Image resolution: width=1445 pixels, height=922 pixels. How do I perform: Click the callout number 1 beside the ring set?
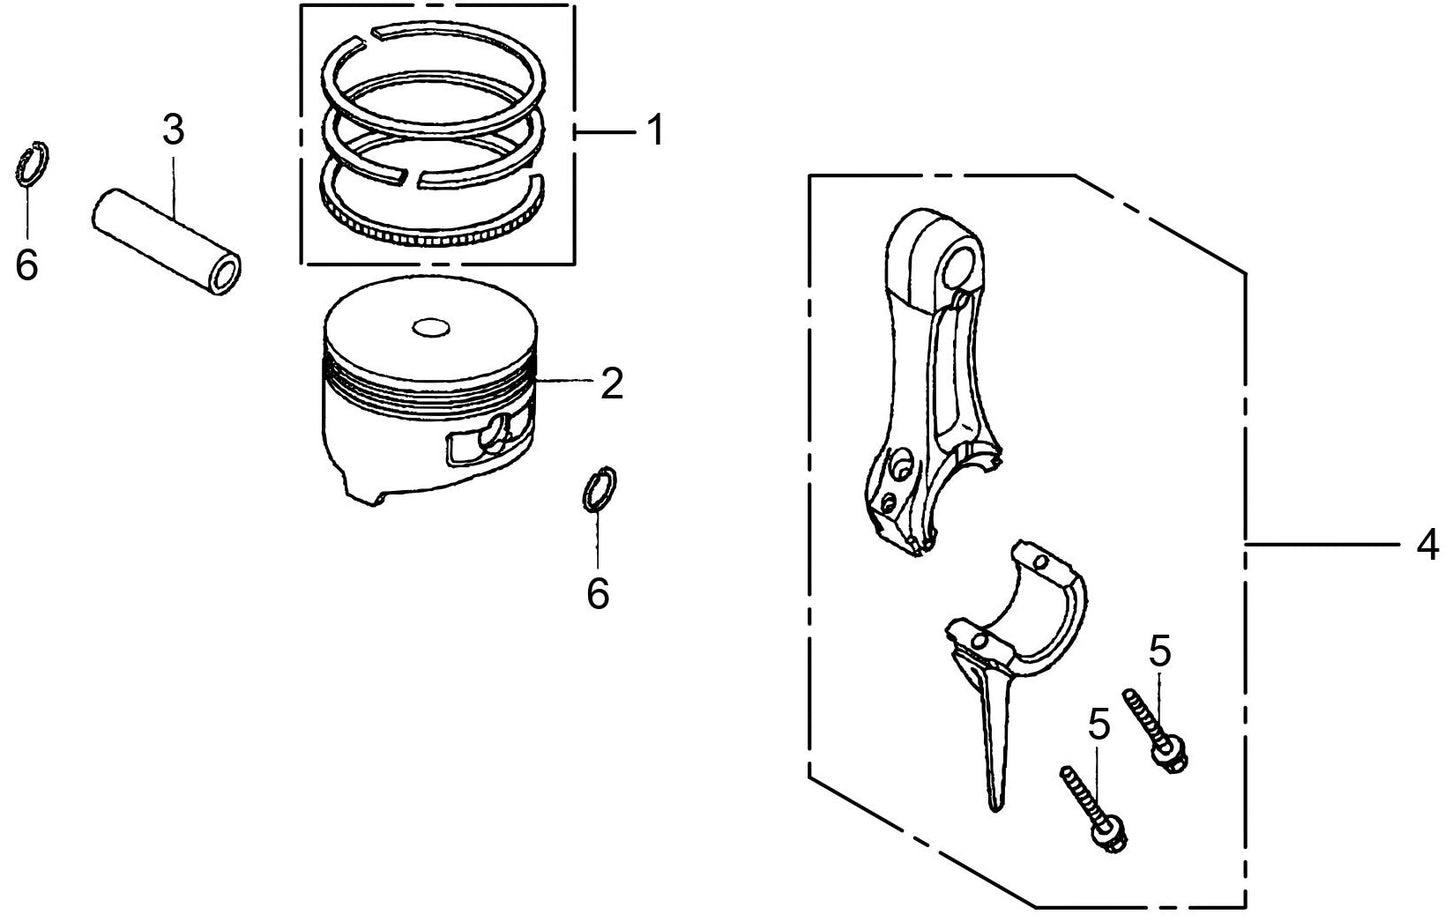(654, 130)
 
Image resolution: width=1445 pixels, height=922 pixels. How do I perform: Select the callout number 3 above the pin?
(173, 130)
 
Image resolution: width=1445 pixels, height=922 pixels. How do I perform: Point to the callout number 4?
(1427, 544)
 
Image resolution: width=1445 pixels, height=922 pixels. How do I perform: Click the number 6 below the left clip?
(27, 265)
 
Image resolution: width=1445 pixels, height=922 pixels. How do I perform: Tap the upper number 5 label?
(1159, 652)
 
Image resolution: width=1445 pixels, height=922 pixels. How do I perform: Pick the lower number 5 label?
(1099, 724)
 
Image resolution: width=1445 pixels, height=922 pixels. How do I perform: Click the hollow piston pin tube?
(166, 241)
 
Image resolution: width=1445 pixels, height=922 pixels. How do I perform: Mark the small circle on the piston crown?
(430, 328)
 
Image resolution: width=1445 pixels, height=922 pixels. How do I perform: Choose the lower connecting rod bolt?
(1094, 807)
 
